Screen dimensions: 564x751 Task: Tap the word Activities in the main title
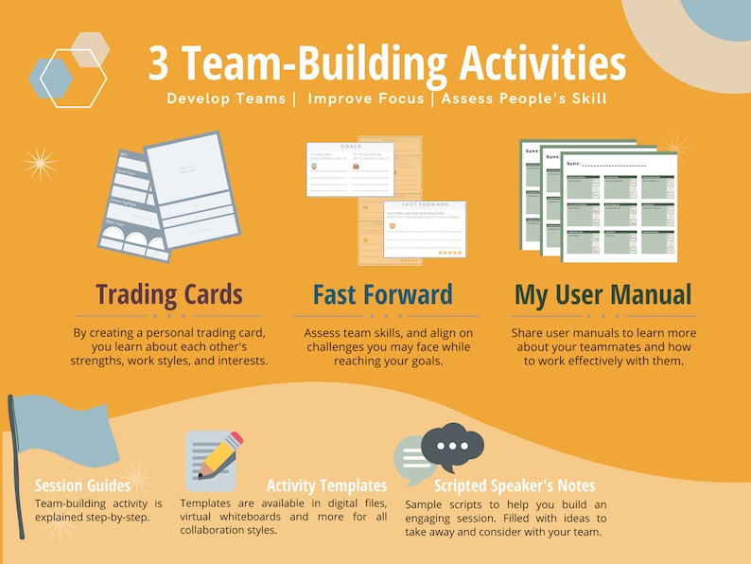(x=542, y=64)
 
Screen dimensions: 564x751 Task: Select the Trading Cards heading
(x=170, y=295)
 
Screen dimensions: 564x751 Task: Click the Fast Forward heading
(x=383, y=295)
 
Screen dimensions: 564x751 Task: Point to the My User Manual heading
(x=603, y=295)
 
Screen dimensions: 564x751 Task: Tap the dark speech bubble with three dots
(x=452, y=446)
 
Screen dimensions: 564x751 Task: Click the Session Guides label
(x=83, y=486)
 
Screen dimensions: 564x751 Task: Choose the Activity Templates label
(x=326, y=486)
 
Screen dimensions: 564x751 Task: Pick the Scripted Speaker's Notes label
(x=515, y=486)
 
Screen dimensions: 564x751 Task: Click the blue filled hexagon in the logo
(x=50, y=78)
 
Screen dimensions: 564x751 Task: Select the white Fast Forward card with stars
(x=425, y=228)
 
